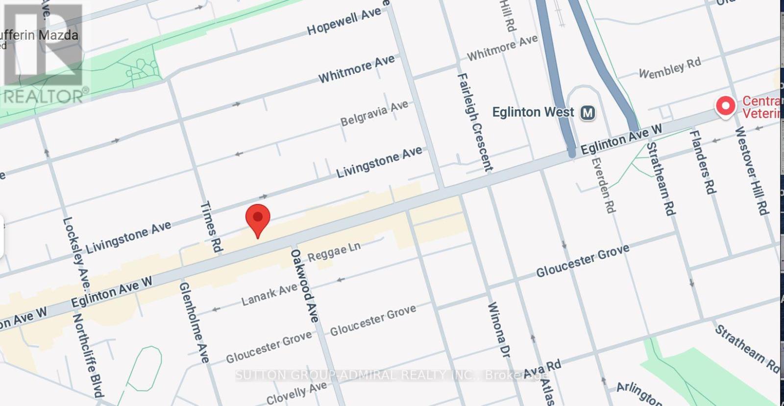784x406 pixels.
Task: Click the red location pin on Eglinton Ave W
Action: pos(258,219)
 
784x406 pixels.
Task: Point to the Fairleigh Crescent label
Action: pos(475,122)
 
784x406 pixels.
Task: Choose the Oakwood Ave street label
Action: pos(304,286)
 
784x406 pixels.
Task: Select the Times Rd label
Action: pos(211,227)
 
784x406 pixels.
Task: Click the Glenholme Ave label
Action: pos(194,322)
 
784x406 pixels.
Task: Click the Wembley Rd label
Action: pos(670,68)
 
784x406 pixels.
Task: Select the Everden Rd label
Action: pos(603,185)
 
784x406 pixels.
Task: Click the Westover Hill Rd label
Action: pos(750,170)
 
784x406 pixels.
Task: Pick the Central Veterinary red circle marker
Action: pos(725,105)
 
